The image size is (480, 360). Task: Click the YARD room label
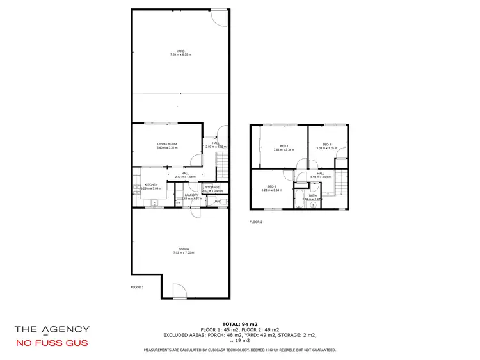pyautogui.click(x=180, y=51)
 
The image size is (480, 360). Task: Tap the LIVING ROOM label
pyautogui.click(x=166, y=144)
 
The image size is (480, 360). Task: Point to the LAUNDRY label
pyautogui.click(x=192, y=195)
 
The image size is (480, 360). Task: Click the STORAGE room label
pyautogui.click(x=212, y=187)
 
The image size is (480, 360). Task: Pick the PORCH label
pyautogui.click(x=180, y=249)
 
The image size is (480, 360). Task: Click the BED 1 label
pyautogui.click(x=284, y=145)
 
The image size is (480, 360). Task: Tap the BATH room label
pyautogui.click(x=313, y=195)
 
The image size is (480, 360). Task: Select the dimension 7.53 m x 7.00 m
pyautogui.click(x=180, y=253)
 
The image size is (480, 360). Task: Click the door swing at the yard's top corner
pyautogui.click(x=220, y=17)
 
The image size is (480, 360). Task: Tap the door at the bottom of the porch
pyautogui.click(x=180, y=291)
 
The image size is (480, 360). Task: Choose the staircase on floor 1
pyautogui.click(x=222, y=170)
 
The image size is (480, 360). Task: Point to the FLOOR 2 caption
pyautogui.click(x=256, y=222)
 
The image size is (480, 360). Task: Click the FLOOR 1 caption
pyautogui.click(x=137, y=288)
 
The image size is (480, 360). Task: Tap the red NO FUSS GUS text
pyautogui.click(x=52, y=343)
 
